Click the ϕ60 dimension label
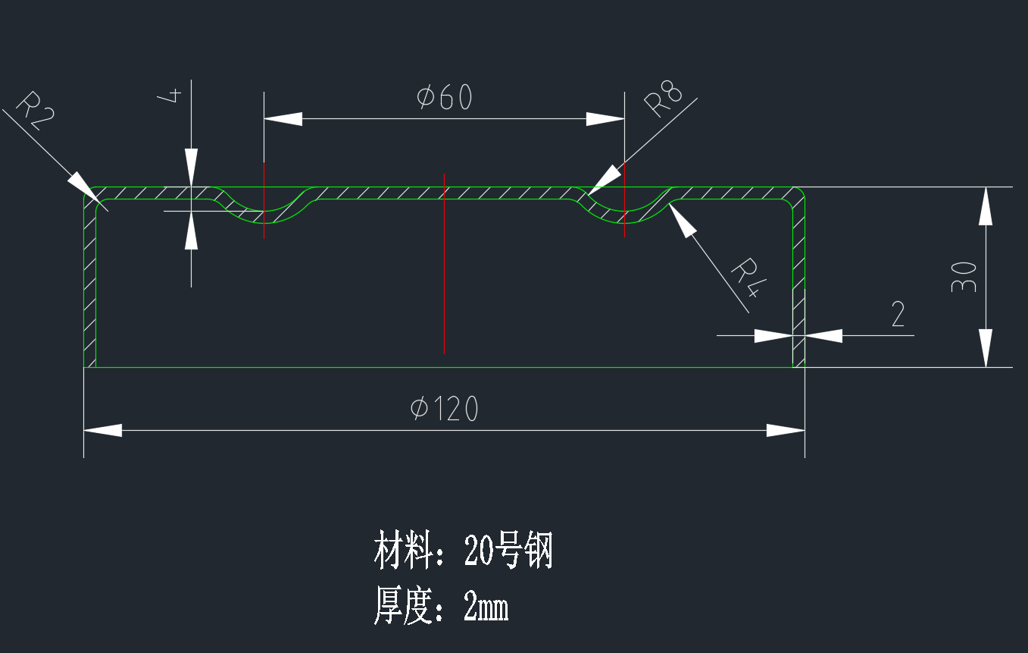(x=445, y=98)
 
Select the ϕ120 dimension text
(x=445, y=410)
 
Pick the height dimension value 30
(x=963, y=277)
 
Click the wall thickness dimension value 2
(x=898, y=314)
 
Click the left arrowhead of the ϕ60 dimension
(x=283, y=119)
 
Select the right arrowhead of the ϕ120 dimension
(x=786, y=430)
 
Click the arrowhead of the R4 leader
(x=682, y=220)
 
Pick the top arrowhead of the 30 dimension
(x=985, y=206)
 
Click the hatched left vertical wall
(x=89, y=288)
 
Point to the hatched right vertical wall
(x=798, y=288)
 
